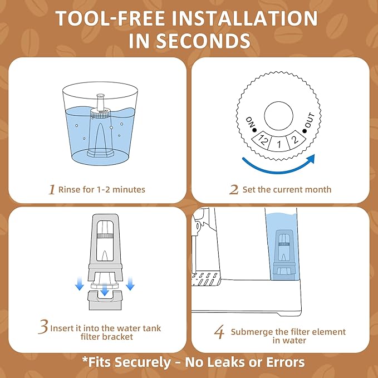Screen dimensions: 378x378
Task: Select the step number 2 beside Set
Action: pyautogui.click(x=234, y=190)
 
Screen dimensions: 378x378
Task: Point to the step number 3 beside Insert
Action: pyautogui.click(x=43, y=328)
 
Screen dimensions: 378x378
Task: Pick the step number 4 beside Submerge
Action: pyautogui.click(x=219, y=332)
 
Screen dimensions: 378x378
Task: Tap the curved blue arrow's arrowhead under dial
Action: pyautogui.click(x=310, y=159)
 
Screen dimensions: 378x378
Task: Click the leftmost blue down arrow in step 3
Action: pyautogui.click(x=80, y=285)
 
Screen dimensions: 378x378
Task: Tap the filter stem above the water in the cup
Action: pyautogui.click(x=101, y=102)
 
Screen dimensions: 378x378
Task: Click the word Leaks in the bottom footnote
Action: pyautogui.click(x=217, y=362)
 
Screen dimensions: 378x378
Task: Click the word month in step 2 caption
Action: pyautogui.click(x=318, y=190)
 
